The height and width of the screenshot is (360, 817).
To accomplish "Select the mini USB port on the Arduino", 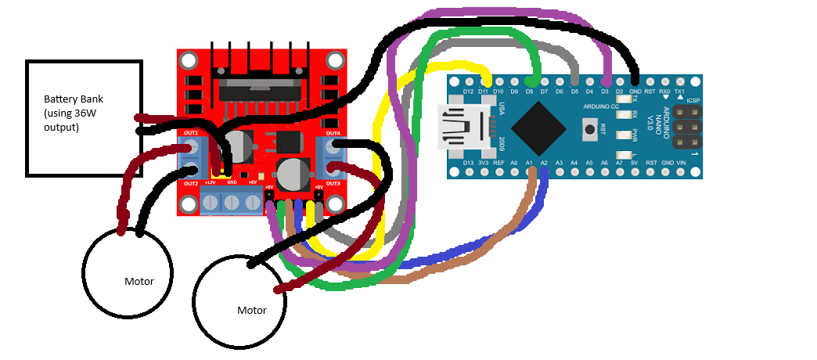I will pyautogui.click(x=459, y=128).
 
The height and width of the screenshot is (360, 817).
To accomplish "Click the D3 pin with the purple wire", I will pyautogui.click(x=605, y=81).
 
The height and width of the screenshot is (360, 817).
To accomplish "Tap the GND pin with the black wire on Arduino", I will pyautogui.click(x=635, y=81).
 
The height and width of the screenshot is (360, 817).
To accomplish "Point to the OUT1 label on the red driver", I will pyautogui.click(x=191, y=133).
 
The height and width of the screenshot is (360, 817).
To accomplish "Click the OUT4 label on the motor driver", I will pyautogui.click(x=333, y=133).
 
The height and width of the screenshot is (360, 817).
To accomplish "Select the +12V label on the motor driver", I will pyautogui.click(x=210, y=182).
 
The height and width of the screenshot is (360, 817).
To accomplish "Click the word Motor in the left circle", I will pyautogui.click(x=139, y=282).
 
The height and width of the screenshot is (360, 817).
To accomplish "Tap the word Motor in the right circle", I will pyautogui.click(x=251, y=311).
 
